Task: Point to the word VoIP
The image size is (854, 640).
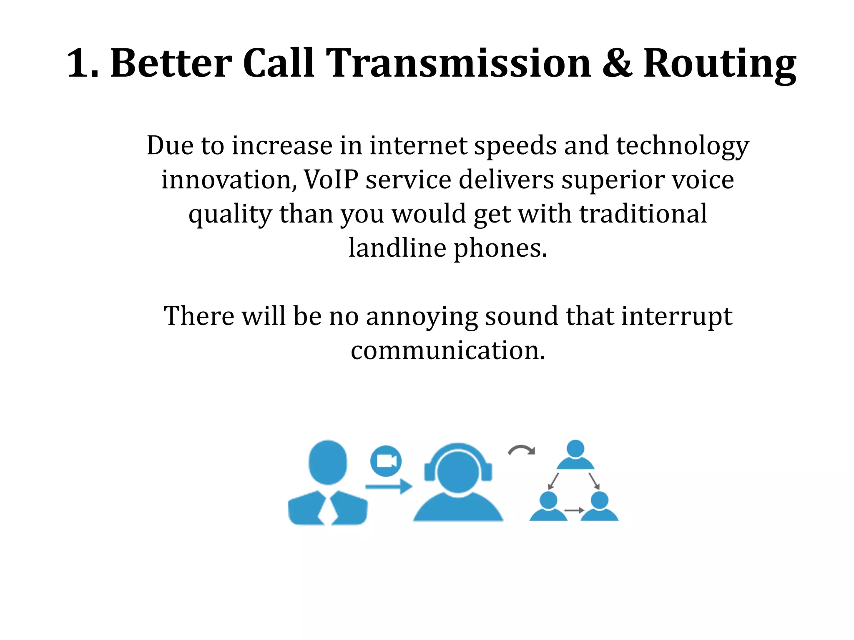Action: [331, 180]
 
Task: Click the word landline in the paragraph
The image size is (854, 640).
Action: [397, 248]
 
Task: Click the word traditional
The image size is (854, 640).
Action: [643, 214]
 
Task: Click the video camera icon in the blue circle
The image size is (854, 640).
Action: [386, 461]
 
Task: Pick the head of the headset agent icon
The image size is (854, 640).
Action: [458, 472]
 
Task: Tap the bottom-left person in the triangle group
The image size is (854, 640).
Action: [548, 506]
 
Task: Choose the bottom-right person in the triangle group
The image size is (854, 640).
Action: [600, 506]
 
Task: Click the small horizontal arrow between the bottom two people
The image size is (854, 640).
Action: [574, 510]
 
